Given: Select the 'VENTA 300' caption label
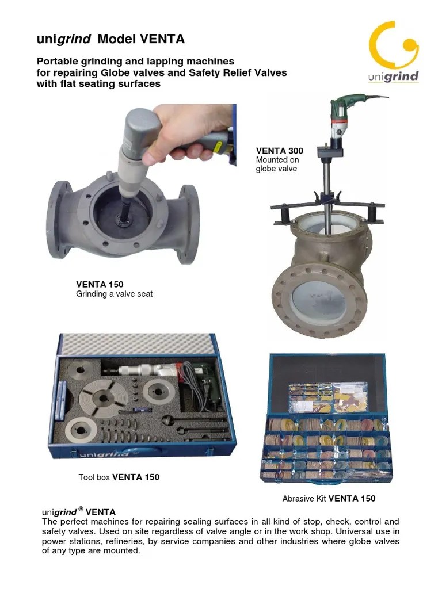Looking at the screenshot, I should click(x=279, y=151).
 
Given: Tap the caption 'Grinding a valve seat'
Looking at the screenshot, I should click(x=114, y=294).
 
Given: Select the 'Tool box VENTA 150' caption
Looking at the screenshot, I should click(x=119, y=477).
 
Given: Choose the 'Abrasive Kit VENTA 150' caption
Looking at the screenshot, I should click(x=329, y=498).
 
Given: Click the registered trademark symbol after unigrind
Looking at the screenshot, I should click(x=81, y=509).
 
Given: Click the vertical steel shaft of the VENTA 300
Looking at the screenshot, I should click(x=326, y=196).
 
